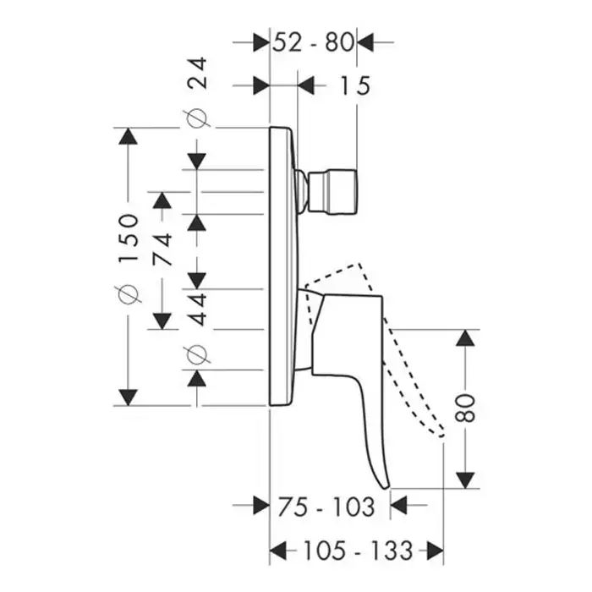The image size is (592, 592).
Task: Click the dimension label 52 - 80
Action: [x=312, y=41]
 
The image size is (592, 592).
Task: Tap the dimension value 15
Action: [x=356, y=85]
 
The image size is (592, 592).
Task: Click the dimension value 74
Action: [x=162, y=249]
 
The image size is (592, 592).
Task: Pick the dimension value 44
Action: [x=198, y=307]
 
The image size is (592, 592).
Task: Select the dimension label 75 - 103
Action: [x=326, y=507]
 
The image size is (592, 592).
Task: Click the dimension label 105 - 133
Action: [x=355, y=551]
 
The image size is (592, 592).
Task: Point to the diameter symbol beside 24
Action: [x=198, y=119]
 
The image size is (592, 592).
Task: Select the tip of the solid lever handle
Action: [x=386, y=485]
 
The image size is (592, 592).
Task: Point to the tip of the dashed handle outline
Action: [x=440, y=432]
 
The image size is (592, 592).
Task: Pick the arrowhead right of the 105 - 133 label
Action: [x=435, y=551]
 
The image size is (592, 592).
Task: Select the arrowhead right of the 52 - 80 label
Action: [x=365, y=41]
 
